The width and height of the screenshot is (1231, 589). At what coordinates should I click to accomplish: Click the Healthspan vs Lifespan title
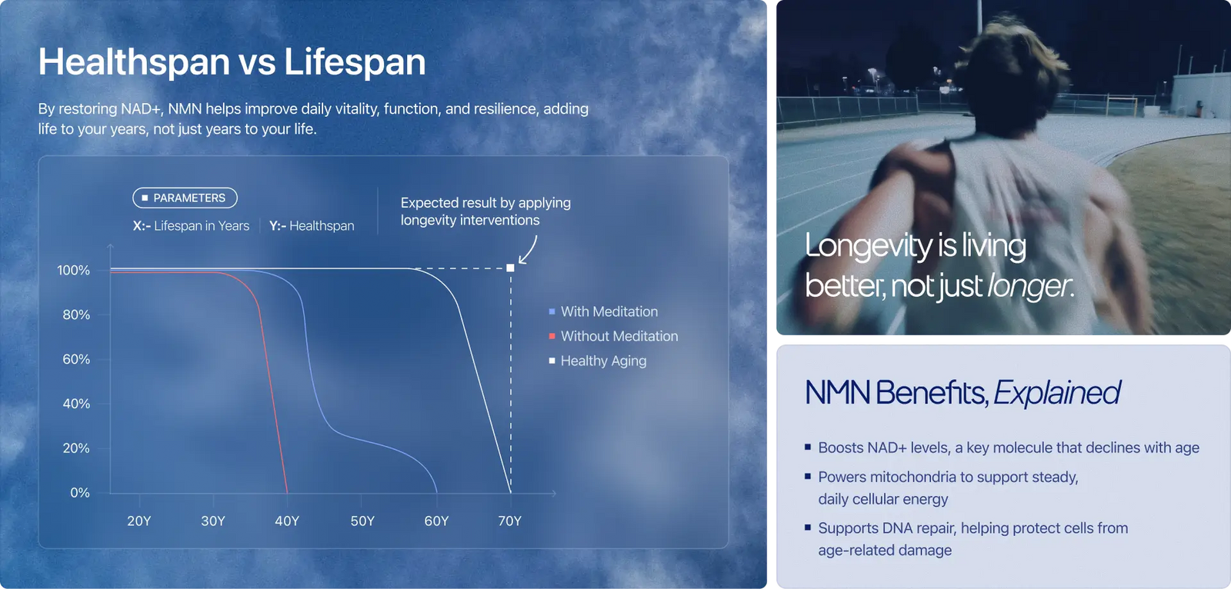232,62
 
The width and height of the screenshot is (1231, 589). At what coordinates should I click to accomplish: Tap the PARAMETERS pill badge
185,198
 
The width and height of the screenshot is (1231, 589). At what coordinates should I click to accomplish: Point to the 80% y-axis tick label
76,314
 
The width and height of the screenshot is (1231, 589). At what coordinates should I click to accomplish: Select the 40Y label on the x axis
287,521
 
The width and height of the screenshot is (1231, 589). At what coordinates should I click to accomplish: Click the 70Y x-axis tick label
509,521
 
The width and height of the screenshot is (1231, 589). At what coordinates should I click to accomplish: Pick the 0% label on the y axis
80,493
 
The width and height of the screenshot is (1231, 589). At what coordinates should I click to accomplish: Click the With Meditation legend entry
603,311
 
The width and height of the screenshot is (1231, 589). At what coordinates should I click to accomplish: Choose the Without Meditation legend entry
613,336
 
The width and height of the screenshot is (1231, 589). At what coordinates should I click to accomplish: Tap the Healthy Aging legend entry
598,361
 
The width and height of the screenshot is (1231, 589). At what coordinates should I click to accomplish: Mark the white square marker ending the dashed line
511,268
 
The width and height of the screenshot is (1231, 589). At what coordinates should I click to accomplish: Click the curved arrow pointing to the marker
528,251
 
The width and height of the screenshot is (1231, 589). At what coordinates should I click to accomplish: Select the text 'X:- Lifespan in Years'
191,226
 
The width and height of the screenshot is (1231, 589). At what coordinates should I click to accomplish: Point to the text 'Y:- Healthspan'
312,226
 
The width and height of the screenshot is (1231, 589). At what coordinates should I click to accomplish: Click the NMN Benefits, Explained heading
962,393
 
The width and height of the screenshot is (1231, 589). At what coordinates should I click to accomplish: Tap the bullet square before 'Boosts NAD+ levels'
808,447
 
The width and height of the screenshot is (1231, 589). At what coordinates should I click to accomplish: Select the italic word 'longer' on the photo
1029,286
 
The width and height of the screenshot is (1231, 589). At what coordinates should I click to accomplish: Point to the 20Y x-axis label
138,521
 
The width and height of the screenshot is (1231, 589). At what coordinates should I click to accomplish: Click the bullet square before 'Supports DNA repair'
808,527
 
